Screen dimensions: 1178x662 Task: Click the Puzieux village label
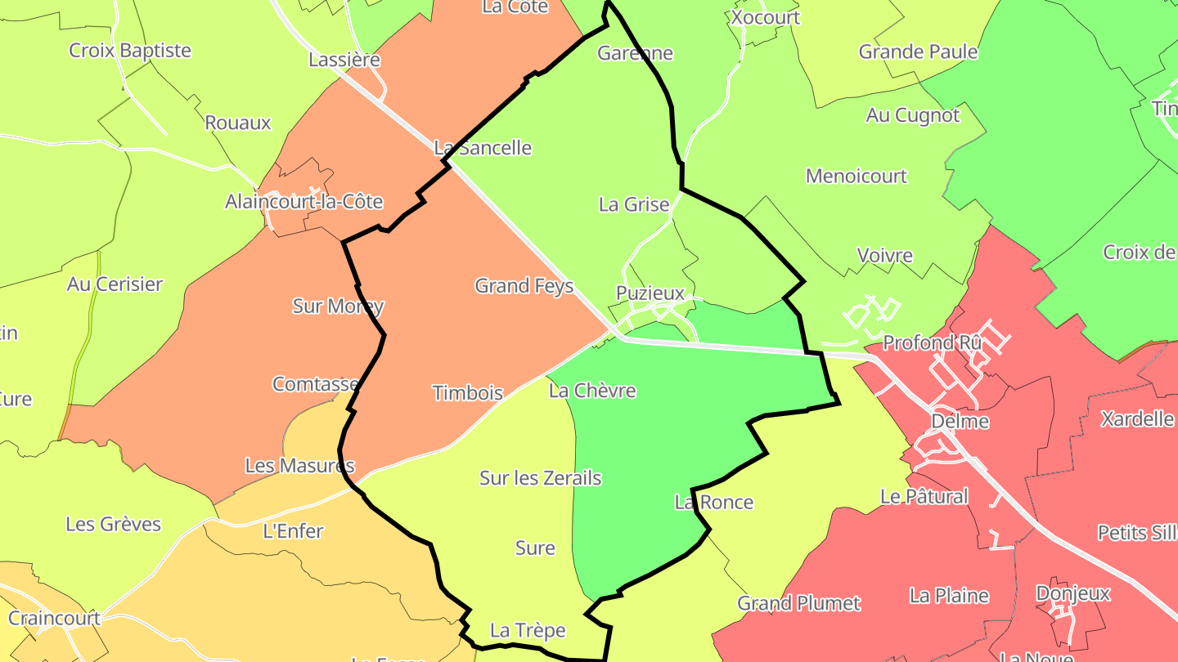(x=650, y=293)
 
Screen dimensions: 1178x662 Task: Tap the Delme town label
(x=960, y=422)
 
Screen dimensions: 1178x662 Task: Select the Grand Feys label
(x=524, y=286)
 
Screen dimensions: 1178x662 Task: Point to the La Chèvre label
(x=592, y=391)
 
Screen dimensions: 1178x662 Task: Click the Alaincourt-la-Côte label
(x=303, y=201)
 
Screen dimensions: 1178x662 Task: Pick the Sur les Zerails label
(x=540, y=478)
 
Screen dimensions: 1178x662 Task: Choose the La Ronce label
(x=713, y=502)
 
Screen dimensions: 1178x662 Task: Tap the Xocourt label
(x=765, y=17)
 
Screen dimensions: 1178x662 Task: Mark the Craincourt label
(x=54, y=618)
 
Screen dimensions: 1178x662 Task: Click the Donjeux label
(x=1072, y=593)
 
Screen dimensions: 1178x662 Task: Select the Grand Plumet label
(x=798, y=603)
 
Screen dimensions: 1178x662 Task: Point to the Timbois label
(x=467, y=393)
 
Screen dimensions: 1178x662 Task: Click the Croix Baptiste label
(x=130, y=51)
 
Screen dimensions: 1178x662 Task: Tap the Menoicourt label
(x=857, y=176)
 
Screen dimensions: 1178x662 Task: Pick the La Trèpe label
(x=528, y=631)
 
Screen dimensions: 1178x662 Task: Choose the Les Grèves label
(x=113, y=524)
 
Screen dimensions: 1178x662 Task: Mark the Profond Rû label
(x=932, y=342)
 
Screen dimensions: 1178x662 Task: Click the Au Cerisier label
(x=115, y=284)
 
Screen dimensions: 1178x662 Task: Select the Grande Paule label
(x=918, y=52)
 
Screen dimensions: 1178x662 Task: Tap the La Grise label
(x=634, y=204)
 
